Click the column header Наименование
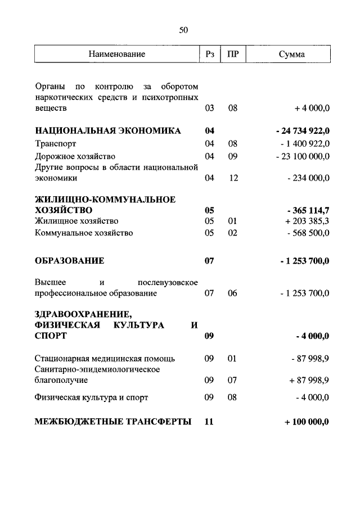click(116, 54)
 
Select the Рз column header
click(209, 54)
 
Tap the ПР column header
click(232, 54)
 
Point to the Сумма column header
click(291, 54)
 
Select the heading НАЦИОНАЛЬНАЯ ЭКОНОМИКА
click(107, 131)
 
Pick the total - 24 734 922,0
click(303, 131)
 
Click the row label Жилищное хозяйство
click(76, 221)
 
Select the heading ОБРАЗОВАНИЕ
click(69, 261)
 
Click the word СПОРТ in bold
click(51, 336)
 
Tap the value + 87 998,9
click(309, 380)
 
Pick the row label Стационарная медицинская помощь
click(105, 358)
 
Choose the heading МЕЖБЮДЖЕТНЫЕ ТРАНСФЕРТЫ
click(112, 421)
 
